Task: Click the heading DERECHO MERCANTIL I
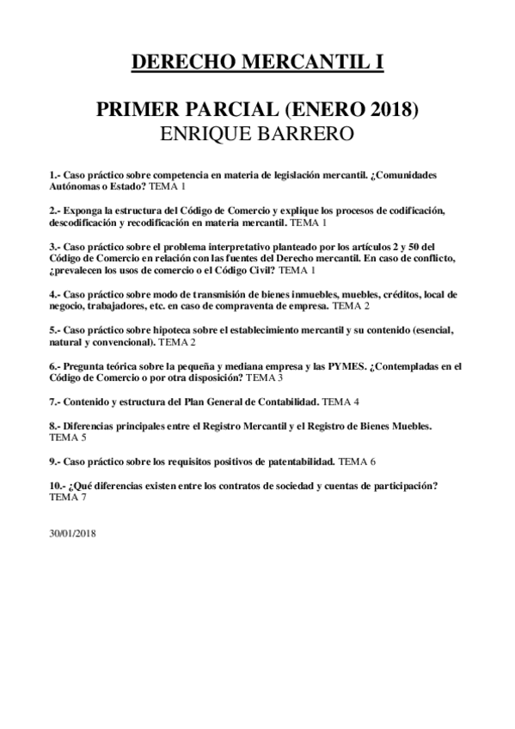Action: [x=257, y=62]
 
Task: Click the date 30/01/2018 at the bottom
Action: [x=73, y=533]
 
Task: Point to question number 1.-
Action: [x=55, y=175]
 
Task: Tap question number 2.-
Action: [x=55, y=211]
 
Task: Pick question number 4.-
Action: [x=55, y=294]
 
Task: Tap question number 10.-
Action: [x=58, y=486]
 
